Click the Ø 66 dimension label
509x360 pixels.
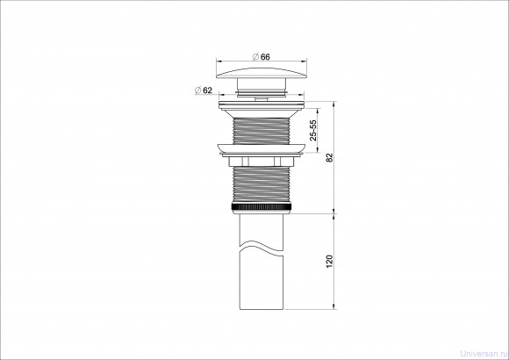261,57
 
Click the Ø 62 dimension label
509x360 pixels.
204,90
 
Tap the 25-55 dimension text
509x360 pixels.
313,130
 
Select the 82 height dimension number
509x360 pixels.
330,158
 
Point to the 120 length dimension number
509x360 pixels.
329,262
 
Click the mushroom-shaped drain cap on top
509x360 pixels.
262,73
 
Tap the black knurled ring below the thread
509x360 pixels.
262,206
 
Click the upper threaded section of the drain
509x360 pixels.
262,131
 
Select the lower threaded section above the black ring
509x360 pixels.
262,184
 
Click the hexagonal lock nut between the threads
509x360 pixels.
262,162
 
